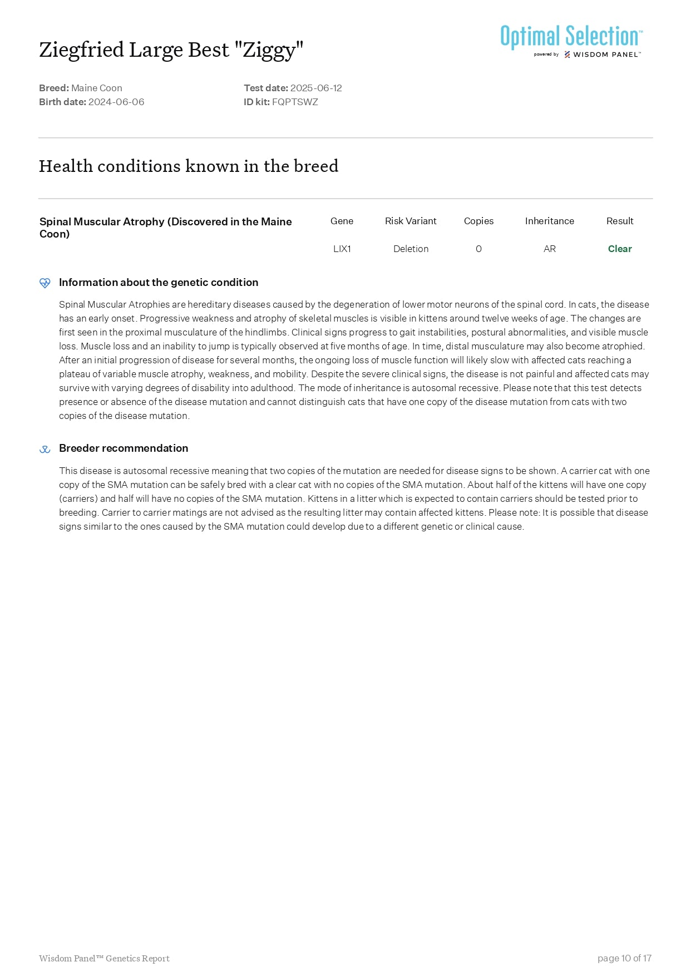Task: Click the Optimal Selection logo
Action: (571, 40)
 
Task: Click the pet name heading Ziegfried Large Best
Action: (171, 50)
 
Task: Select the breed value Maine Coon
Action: (97, 88)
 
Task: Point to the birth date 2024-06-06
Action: (116, 102)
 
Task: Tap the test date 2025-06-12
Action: (316, 88)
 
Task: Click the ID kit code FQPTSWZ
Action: (295, 102)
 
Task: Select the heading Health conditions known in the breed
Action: (189, 166)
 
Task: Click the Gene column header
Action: (342, 221)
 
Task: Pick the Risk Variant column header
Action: (411, 221)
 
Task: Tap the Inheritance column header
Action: (549, 221)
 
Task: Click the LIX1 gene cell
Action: (342, 249)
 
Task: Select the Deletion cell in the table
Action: (411, 249)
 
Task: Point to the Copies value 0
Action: (478, 249)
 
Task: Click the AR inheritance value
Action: (549, 249)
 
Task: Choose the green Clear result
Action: (620, 249)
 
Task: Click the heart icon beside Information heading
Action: (45, 283)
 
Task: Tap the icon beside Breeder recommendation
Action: (45, 449)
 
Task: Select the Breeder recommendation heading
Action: (124, 448)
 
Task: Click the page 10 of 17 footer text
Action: (624, 958)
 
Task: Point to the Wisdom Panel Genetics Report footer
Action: (104, 958)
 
